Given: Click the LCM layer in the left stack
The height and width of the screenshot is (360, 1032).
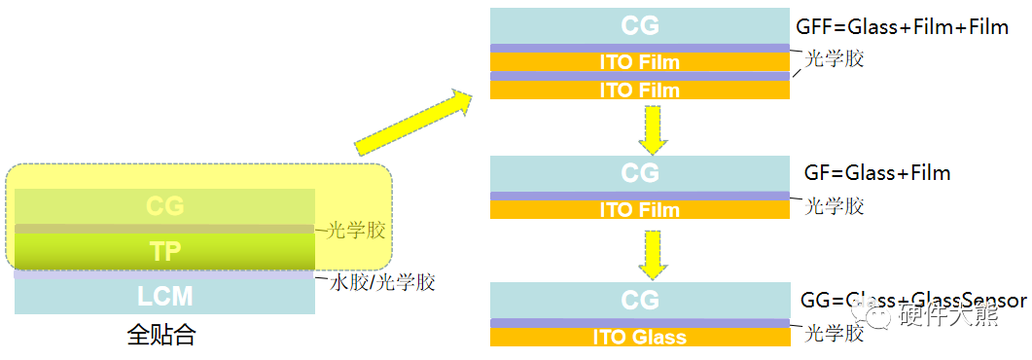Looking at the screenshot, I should coord(165,297).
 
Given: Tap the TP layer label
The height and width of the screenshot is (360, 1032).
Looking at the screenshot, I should coord(165,250).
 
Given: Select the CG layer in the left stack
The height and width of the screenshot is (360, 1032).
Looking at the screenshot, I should coord(165,206).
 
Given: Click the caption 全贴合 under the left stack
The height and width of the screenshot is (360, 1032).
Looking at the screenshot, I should coord(161,337).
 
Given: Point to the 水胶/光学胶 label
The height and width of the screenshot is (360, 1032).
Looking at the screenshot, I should coord(382,282).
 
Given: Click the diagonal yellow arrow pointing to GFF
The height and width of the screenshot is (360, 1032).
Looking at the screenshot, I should coord(412,121).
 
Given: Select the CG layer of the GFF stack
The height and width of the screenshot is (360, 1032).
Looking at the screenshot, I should coord(639,24).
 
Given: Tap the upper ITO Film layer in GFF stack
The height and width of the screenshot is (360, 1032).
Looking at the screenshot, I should coord(639,62).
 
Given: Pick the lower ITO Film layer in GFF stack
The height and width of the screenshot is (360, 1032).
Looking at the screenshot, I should coord(639,90).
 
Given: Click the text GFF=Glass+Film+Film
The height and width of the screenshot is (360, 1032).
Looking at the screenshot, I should coord(902,26).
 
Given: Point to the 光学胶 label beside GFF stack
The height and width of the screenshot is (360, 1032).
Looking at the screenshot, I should coord(835,58).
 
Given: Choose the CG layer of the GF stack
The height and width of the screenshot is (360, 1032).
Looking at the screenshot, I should coord(639,173).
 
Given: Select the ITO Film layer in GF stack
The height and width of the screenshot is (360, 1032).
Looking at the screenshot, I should coord(639,209).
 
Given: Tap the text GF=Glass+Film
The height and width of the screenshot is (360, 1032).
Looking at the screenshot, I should coord(876,173).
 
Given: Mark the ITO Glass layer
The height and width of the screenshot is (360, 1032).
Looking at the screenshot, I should coord(639,338).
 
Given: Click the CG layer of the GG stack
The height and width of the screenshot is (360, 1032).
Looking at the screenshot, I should coord(639,299).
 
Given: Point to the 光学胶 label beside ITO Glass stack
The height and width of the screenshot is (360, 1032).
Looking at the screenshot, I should coord(835,334).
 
